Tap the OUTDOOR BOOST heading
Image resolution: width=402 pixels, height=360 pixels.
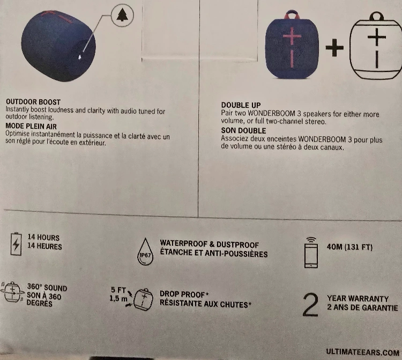point(33,102)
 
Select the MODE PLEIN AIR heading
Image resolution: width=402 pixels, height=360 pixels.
point(31,126)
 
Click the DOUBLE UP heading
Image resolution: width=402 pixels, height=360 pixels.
point(241,105)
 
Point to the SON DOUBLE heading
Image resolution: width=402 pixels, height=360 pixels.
point(243,130)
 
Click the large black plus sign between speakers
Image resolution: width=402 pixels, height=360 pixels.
point(334,47)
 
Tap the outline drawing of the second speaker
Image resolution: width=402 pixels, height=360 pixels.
point(376,46)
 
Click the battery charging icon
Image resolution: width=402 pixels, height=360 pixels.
point(16,244)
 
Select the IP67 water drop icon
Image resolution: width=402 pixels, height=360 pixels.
point(145,252)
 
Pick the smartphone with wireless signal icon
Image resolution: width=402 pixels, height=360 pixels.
point(311,253)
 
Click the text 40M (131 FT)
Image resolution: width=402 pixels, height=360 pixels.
point(349,247)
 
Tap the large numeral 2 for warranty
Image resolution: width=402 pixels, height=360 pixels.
point(310,305)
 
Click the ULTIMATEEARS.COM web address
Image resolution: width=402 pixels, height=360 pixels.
point(362,352)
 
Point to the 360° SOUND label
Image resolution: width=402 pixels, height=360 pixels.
point(47,288)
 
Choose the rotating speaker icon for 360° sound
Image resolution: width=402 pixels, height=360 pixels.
point(12,292)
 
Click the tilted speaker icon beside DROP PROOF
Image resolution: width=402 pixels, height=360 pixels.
point(143,299)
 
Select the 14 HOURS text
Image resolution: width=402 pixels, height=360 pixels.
point(43,237)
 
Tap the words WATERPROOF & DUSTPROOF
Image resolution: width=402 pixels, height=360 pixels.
point(210,244)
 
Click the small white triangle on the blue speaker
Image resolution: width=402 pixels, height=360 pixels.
point(80,57)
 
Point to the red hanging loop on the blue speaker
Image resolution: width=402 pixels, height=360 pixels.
point(292,14)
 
